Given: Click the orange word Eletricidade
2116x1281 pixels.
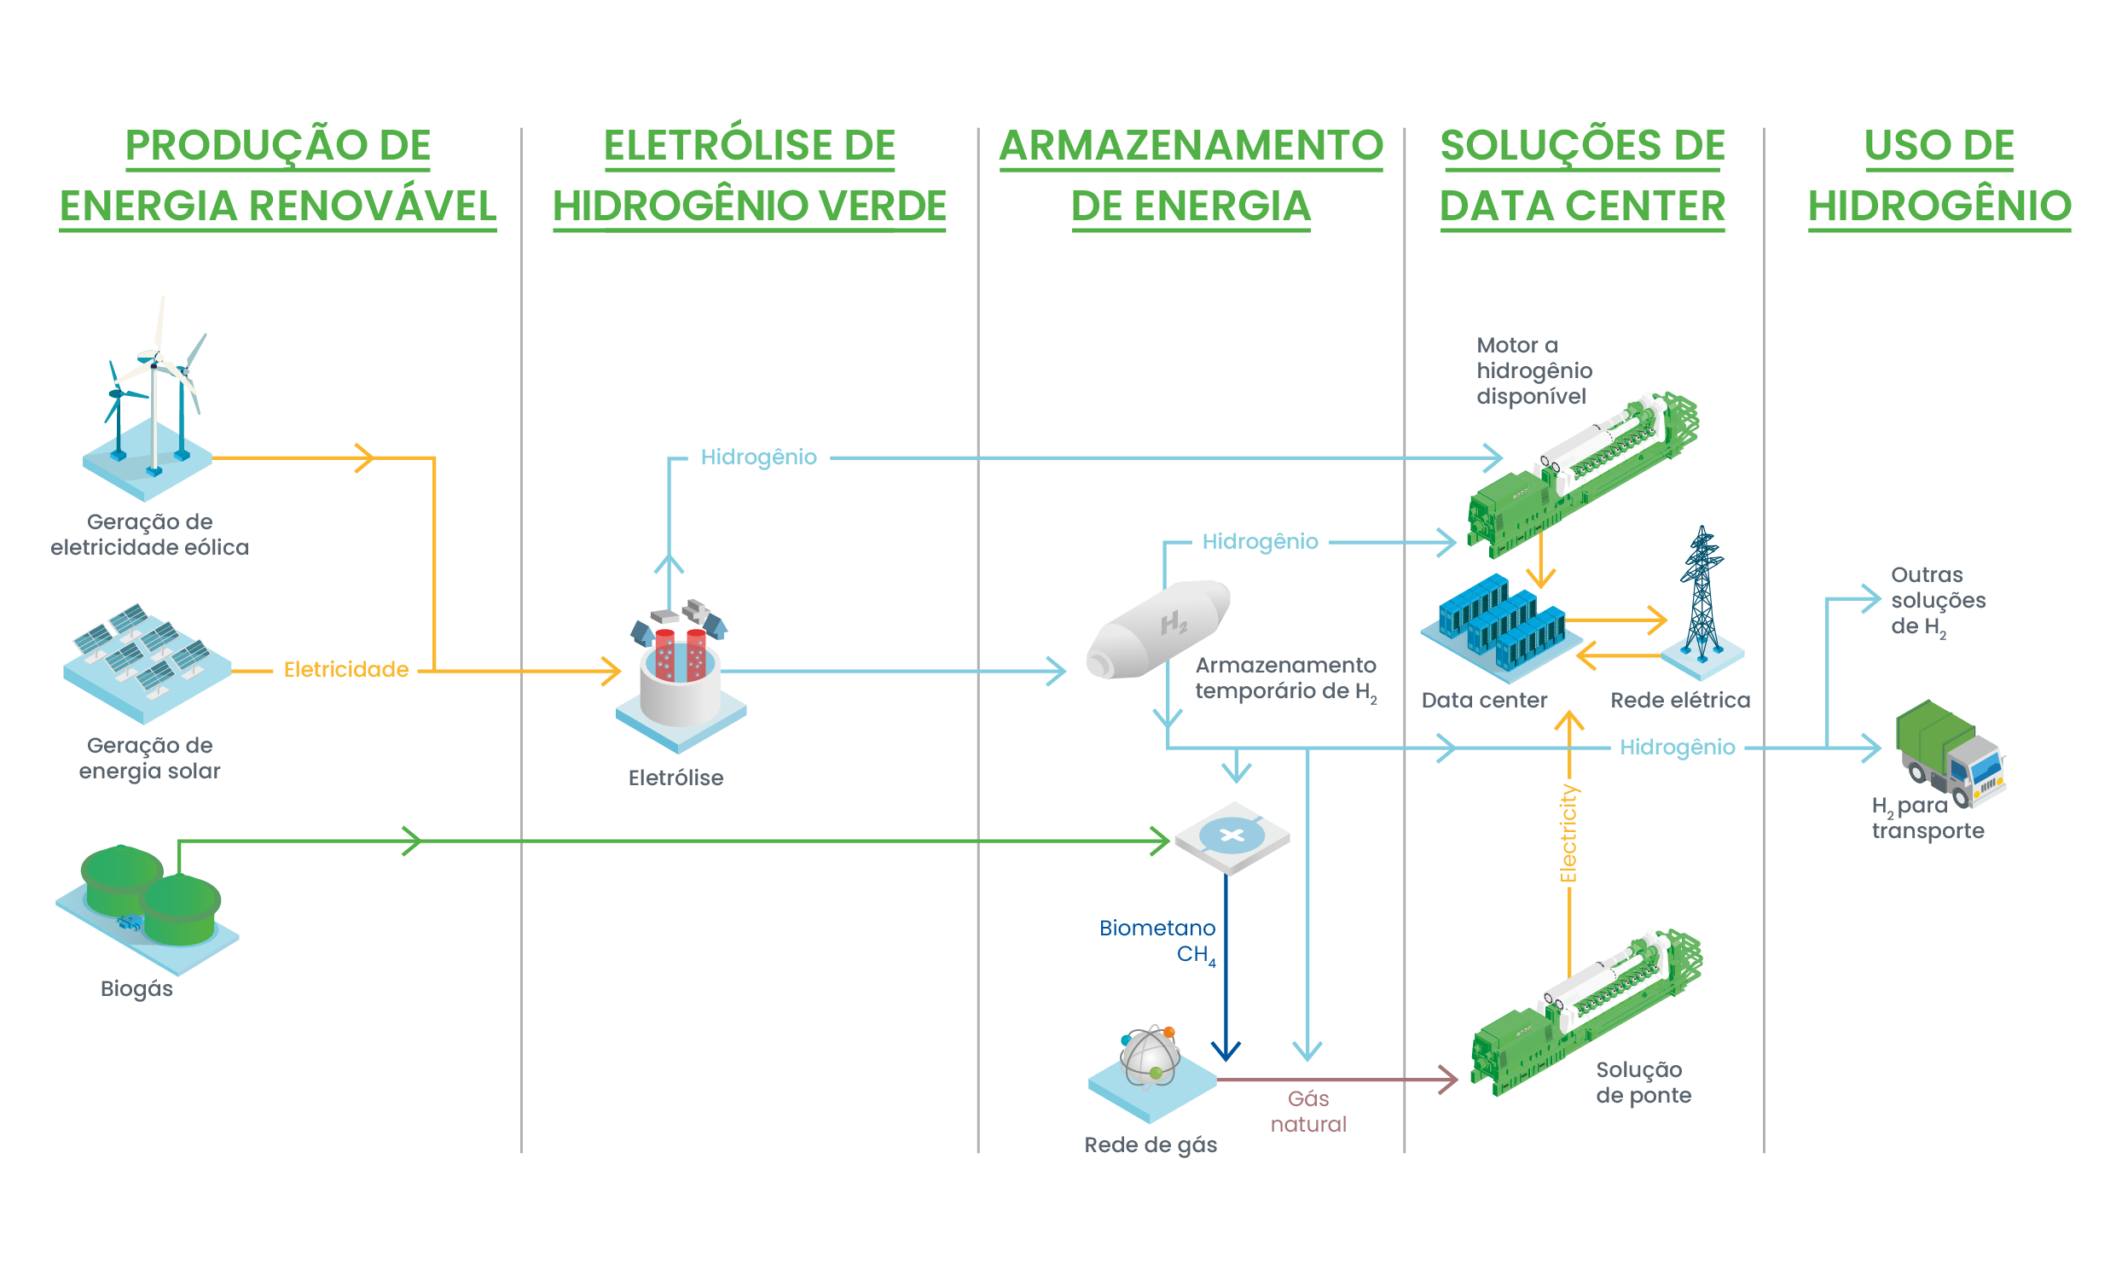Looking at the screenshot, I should tap(346, 670).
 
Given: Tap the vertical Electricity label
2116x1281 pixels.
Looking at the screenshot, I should tap(1569, 834).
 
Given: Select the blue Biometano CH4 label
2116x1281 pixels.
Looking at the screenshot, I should tap(1157, 940).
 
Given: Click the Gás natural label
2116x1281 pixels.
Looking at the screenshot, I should tap(1308, 1111).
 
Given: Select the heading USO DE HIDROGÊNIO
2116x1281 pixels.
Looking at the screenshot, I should tap(1939, 175).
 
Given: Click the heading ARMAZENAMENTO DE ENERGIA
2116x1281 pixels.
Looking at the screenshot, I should tap(1191, 175).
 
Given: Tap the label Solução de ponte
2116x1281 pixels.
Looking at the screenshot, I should tap(1643, 1082).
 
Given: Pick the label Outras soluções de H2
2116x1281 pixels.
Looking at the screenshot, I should tap(1938, 601).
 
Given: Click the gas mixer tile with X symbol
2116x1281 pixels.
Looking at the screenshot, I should tap(1232, 836).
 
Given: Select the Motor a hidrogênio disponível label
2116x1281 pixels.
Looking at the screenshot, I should tap(1533, 371).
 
